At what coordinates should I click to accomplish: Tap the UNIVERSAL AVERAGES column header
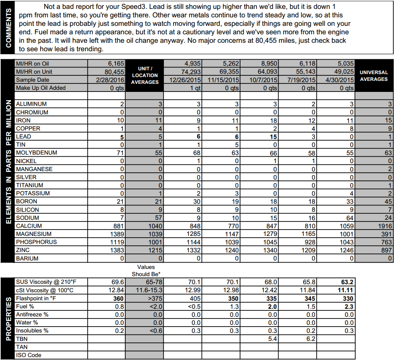coord(374,76)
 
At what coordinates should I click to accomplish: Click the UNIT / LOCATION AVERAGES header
coord(144,75)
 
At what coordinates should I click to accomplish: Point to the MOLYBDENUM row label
coord(36,153)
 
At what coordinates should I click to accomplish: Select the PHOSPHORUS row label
coord(36,242)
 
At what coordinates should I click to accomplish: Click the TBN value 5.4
coord(273,339)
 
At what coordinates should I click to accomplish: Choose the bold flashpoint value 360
coord(118,298)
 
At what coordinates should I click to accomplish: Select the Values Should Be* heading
coord(146,270)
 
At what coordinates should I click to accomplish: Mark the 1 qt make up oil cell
coord(194,88)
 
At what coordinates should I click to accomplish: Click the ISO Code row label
coord(28,355)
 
